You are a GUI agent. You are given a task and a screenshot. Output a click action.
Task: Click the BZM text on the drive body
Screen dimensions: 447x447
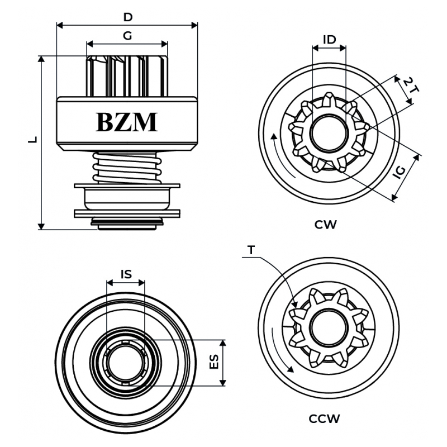click(127, 122)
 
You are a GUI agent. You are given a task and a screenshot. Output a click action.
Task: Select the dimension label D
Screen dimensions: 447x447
click(127, 17)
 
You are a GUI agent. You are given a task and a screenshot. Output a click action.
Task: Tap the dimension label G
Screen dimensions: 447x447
click(127, 36)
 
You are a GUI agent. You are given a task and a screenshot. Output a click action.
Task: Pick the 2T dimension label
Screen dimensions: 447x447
click(411, 85)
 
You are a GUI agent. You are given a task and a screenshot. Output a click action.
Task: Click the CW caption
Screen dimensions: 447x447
click(325, 225)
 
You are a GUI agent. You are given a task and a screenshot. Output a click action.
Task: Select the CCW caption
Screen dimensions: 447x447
click(324, 418)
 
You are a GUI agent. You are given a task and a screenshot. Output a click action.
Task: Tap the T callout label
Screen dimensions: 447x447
click(251, 250)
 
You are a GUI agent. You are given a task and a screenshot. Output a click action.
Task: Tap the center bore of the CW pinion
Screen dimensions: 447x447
click(328, 135)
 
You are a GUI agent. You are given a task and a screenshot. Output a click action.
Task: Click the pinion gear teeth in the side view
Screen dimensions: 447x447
click(127, 75)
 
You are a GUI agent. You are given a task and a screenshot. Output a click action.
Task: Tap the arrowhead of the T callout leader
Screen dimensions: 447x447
click(295, 306)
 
